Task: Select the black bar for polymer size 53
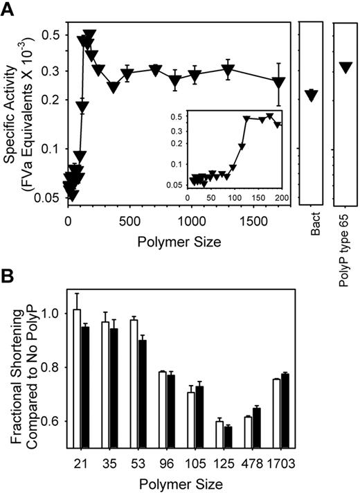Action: pos(142,400)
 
